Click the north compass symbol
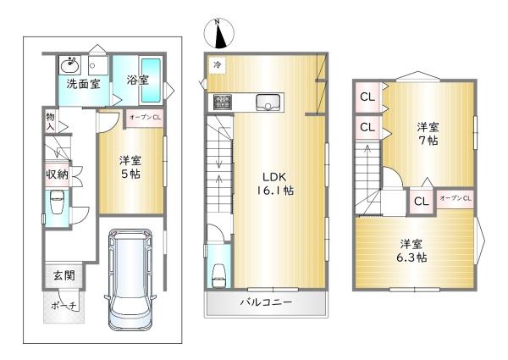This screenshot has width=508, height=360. [x=218, y=34]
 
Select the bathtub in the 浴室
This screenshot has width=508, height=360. [x=151, y=80]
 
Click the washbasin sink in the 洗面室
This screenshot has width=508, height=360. [x=69, y=65]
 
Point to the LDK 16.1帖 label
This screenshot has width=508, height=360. [x=275, y=184]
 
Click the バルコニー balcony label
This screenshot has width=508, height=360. [x=266, y=302]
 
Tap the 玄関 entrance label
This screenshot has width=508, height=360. [x=64, y=275]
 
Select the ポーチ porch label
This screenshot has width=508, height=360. [x=63, y=306]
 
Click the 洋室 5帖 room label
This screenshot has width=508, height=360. [x=130, y=167]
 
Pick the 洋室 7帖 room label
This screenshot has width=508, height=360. [x=428, y=134]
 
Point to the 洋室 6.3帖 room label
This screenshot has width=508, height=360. [x=411, y=251]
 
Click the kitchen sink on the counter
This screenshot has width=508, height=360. [x=268, y=102]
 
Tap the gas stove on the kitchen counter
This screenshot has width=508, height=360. [x=222, y=102]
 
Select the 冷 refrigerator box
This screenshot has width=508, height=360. [x=217, y=65]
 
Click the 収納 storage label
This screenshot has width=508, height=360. [x=57, y=174]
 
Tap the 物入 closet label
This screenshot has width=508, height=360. [x=50, y=121]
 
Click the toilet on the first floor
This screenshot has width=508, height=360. [x=57, y=202]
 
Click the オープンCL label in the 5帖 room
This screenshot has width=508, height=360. [x=145, y=118]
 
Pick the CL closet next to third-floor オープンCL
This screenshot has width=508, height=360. [x=422, y=202]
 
